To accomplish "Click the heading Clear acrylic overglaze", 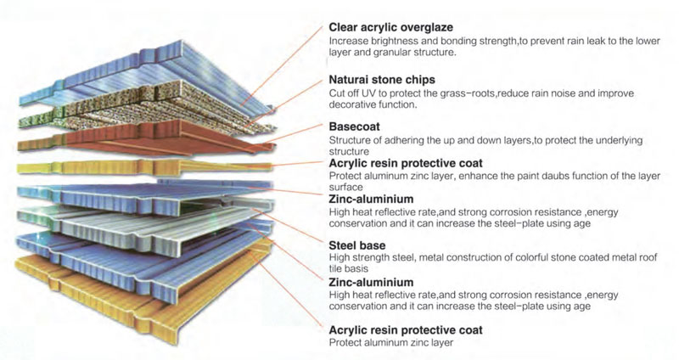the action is point(390,27).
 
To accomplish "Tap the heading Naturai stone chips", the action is point(382,80).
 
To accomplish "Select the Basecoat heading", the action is point(354,127).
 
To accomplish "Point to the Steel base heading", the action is point(356,245).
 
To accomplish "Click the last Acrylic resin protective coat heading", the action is point(406,330).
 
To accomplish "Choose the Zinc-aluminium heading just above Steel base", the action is point(371,199).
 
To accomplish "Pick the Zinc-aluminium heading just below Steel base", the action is point(371,283).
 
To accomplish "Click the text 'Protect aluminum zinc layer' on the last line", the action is point(391,343).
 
